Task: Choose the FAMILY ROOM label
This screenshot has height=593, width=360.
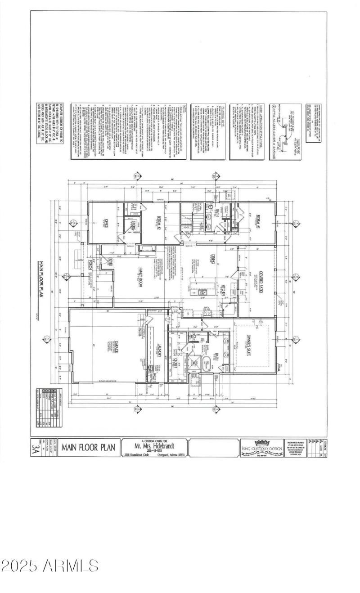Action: pyautogui.click(x=139, y=276)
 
